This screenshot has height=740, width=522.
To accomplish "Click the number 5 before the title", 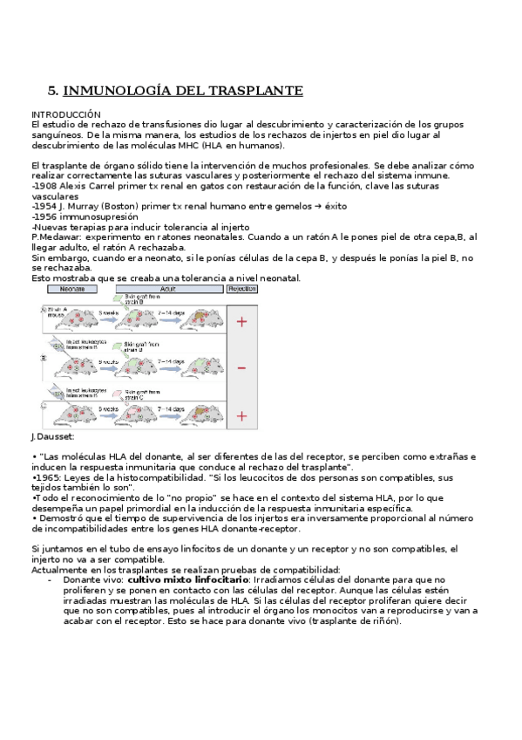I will click(x=51, y=90).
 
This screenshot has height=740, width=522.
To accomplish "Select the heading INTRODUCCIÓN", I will click(x=66, y=114).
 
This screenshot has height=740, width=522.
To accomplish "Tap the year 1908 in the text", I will click(x=44, y=187).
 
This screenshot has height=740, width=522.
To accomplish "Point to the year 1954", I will click(x=44, y=206).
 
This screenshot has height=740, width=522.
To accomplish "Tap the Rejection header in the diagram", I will click(x=241, y=288).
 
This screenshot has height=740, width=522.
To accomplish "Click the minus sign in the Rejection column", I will click(x=241, y=367).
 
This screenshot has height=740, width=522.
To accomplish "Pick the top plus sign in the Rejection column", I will click(x=241, y=322).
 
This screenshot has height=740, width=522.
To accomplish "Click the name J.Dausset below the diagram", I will click(x=52, y=436).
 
